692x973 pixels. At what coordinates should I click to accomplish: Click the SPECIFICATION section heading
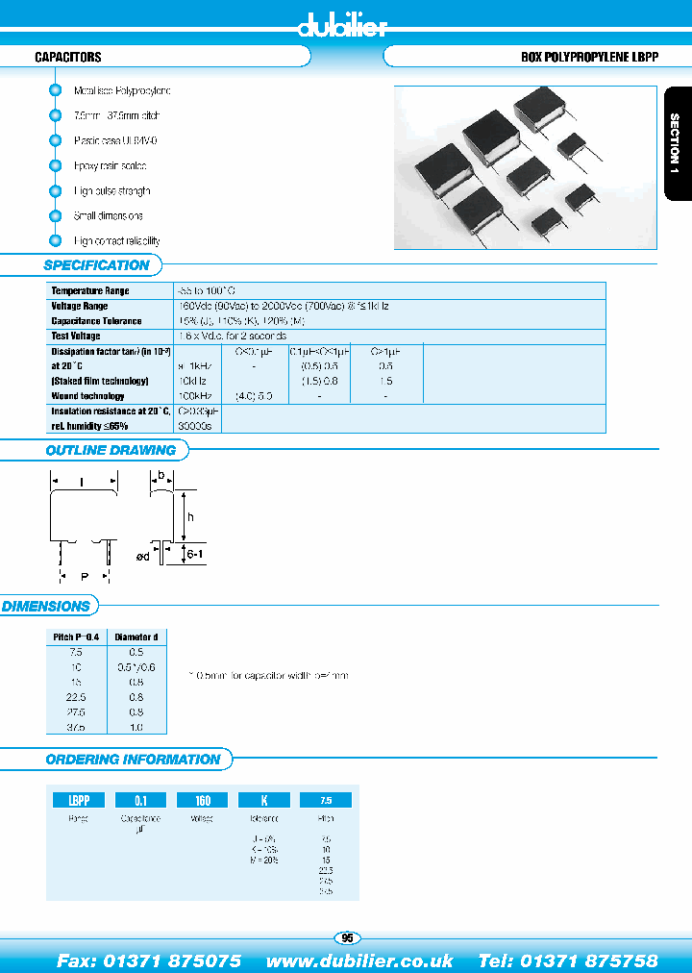pyautogui.click(x=97, y=265)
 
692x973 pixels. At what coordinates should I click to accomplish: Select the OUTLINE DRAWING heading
pyautogui.click(x=111, y=450)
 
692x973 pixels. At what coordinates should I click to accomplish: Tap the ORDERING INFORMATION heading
pyautogui.click(x=133, y=760)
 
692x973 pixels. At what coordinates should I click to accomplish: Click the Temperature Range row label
pyautogui.click(x=89, y=290)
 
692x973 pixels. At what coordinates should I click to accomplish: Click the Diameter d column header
pyautogui.click(x=136, y=636)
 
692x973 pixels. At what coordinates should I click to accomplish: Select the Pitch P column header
pyautogui.click(x=74, y=636)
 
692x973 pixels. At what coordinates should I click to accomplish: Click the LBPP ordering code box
pyautogui.click(x=73, y=800)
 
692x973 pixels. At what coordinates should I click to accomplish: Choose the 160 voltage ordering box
pyautogui.click(x=202, y=800)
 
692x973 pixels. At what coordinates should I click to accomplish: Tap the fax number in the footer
pyautogui.click(x=149, y=961)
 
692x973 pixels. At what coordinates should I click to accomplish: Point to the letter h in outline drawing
pyautogui.click(x=191, y=516)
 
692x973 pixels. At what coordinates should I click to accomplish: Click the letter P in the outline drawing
pyautogui.click(x=85, y=577)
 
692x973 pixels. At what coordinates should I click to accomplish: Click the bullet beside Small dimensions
pyautogui.click(x=55, y=215)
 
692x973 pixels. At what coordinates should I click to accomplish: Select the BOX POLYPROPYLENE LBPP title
pyautogui.click(x=588, y=58)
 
